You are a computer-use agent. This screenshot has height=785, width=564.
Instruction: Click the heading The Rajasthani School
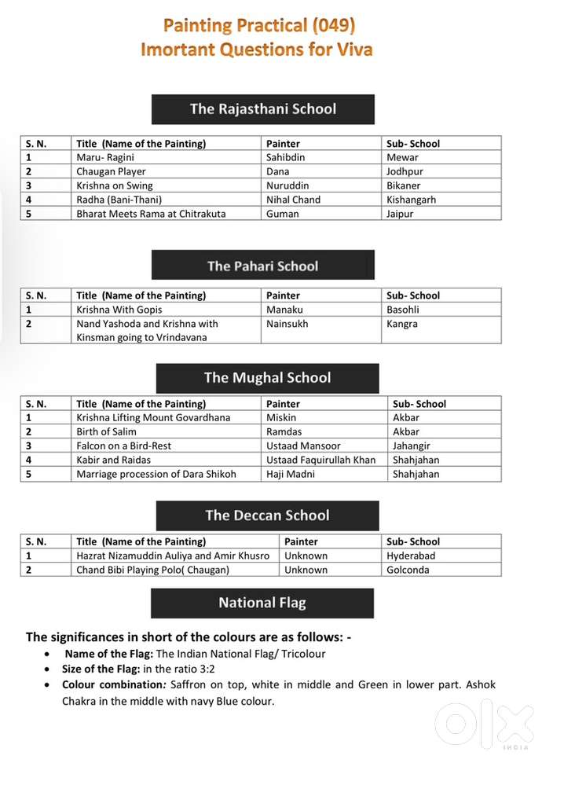click(x=262, y=109)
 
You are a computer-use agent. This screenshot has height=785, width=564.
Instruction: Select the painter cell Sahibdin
click(x=285, y=157)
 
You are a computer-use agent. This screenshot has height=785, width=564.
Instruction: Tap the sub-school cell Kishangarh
click(x=411, y=200)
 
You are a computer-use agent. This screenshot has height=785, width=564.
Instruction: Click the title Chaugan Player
click(x=111, y=171)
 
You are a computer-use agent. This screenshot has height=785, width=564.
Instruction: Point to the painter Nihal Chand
click(x=293, y=200)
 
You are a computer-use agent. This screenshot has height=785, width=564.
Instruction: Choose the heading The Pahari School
click(x=262, y=266)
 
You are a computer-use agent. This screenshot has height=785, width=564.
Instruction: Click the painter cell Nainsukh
click(x=287, y=324)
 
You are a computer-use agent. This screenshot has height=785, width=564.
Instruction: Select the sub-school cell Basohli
click(x=403, y=310)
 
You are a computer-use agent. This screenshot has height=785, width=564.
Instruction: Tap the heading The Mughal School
click(x=267, y=378)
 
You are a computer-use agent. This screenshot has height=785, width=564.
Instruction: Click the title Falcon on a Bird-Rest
click(x=123, y=446)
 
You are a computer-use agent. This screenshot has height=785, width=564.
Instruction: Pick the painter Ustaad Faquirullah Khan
click(x=320, y=460)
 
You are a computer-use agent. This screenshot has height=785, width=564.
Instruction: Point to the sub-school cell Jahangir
click(x=412, y=446)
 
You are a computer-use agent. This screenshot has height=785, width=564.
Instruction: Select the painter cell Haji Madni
click(x=290, y=474)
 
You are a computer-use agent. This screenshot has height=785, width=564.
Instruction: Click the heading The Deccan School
click(x=267, y=515)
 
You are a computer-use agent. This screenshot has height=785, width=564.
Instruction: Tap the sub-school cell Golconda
click(x=408, y=570)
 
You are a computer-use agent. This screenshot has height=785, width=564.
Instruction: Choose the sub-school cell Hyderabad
click(x=411, y=556)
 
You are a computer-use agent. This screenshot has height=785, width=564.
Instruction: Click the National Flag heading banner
click(x=262, y=603)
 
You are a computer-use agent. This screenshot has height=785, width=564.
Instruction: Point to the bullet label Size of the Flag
click(x=101, y=669)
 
